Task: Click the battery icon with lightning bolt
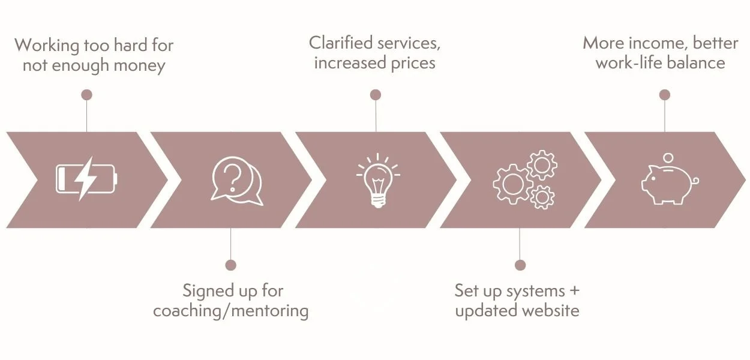click(x=86, y=179)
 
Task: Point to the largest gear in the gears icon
click(x=512, y=183)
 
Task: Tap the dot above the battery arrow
click(x=86, y=95)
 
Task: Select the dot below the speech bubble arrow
click(x=231, y=265)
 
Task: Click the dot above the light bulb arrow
click(x=376, y=95)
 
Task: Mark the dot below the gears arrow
click(x=520, y=265)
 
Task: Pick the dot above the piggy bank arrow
click(x=664, y=95)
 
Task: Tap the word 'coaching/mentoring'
click(x=231, y=311)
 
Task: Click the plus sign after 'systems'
click(x=574, y=291)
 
